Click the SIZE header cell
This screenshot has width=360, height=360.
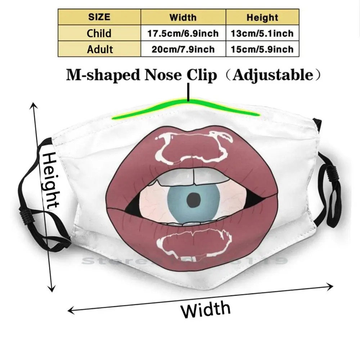pos(99,17)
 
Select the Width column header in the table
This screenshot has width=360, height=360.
pos(183,17)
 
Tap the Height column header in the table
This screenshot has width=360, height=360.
pos(262,17)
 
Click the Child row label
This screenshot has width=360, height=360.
pos(99,33)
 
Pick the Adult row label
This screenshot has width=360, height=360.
pos(99,49)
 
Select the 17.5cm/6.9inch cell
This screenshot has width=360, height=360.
pos(183,33)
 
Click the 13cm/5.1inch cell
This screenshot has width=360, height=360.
pos(262,33)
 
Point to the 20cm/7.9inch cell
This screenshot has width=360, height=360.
pos(183,49)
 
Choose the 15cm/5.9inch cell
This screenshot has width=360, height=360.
pos(262,49)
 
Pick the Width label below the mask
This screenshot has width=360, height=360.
pos(206,309)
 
